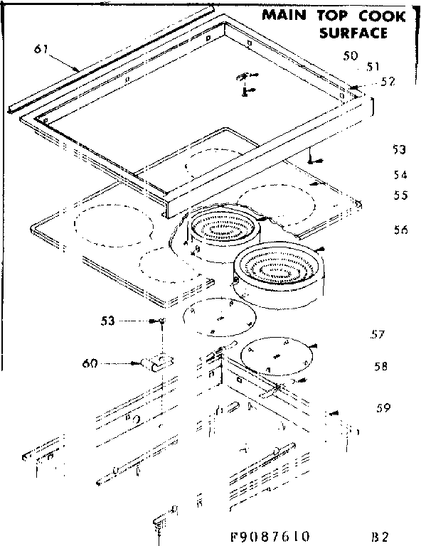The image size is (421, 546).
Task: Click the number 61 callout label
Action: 41,48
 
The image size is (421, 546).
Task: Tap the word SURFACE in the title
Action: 354,33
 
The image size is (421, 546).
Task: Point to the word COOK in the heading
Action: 383,16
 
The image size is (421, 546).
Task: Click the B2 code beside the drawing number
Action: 380,532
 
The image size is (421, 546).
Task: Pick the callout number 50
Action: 350,55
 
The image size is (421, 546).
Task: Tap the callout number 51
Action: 371,67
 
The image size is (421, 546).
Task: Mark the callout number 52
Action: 388,82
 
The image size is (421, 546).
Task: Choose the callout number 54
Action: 400,175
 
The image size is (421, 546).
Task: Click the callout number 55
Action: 400,195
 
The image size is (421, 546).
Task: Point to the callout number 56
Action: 400,230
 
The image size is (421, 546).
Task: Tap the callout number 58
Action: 381,367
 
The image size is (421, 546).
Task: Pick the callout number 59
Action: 383,408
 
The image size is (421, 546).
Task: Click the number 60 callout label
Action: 90,364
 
